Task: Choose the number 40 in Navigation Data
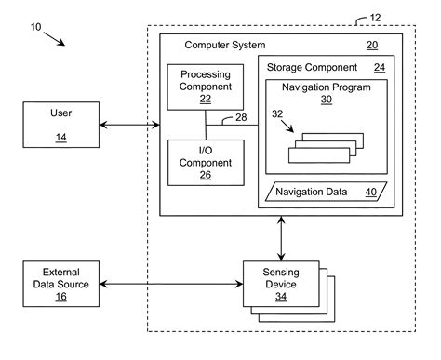(370, 193)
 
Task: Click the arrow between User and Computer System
(129, 124)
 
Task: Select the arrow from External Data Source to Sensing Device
(170, 283)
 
